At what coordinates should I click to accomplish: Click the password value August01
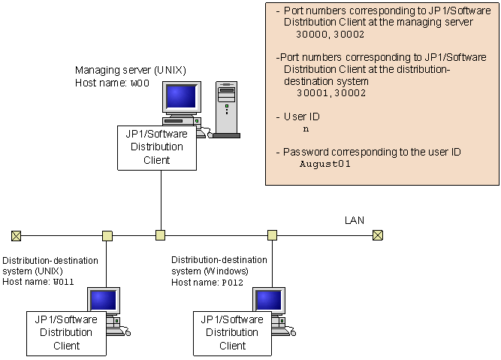pos(325,164)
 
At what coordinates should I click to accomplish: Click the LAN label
pos(354,220)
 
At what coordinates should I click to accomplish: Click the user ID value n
pos(306,129)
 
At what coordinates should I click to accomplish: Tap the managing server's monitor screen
pos(182,96)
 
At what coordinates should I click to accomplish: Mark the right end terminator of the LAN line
pos(378,235)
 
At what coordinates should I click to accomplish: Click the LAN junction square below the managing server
pos(160,235)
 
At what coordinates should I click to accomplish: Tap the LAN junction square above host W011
pos(107,235)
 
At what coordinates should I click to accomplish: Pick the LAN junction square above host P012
pos(272,235)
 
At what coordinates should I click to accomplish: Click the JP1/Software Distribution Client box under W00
pos(156,147)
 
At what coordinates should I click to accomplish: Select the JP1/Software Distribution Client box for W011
pos(66,333)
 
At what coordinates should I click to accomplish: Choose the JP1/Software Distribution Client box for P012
pos(232,333)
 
